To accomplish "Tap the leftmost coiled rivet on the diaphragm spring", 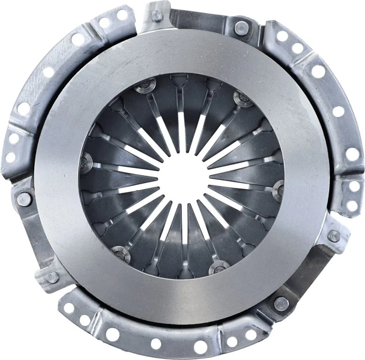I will [x=86, y=161].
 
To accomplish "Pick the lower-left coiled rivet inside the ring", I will [x=121, y=254].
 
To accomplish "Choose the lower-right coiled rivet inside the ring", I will [x=219, y=267].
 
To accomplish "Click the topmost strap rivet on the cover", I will [x=157, y=15].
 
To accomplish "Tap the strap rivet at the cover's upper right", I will [x=241, y=28].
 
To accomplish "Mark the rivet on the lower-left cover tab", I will [x=53, y=277].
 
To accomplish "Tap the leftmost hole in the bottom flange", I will [x=68, y=308].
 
